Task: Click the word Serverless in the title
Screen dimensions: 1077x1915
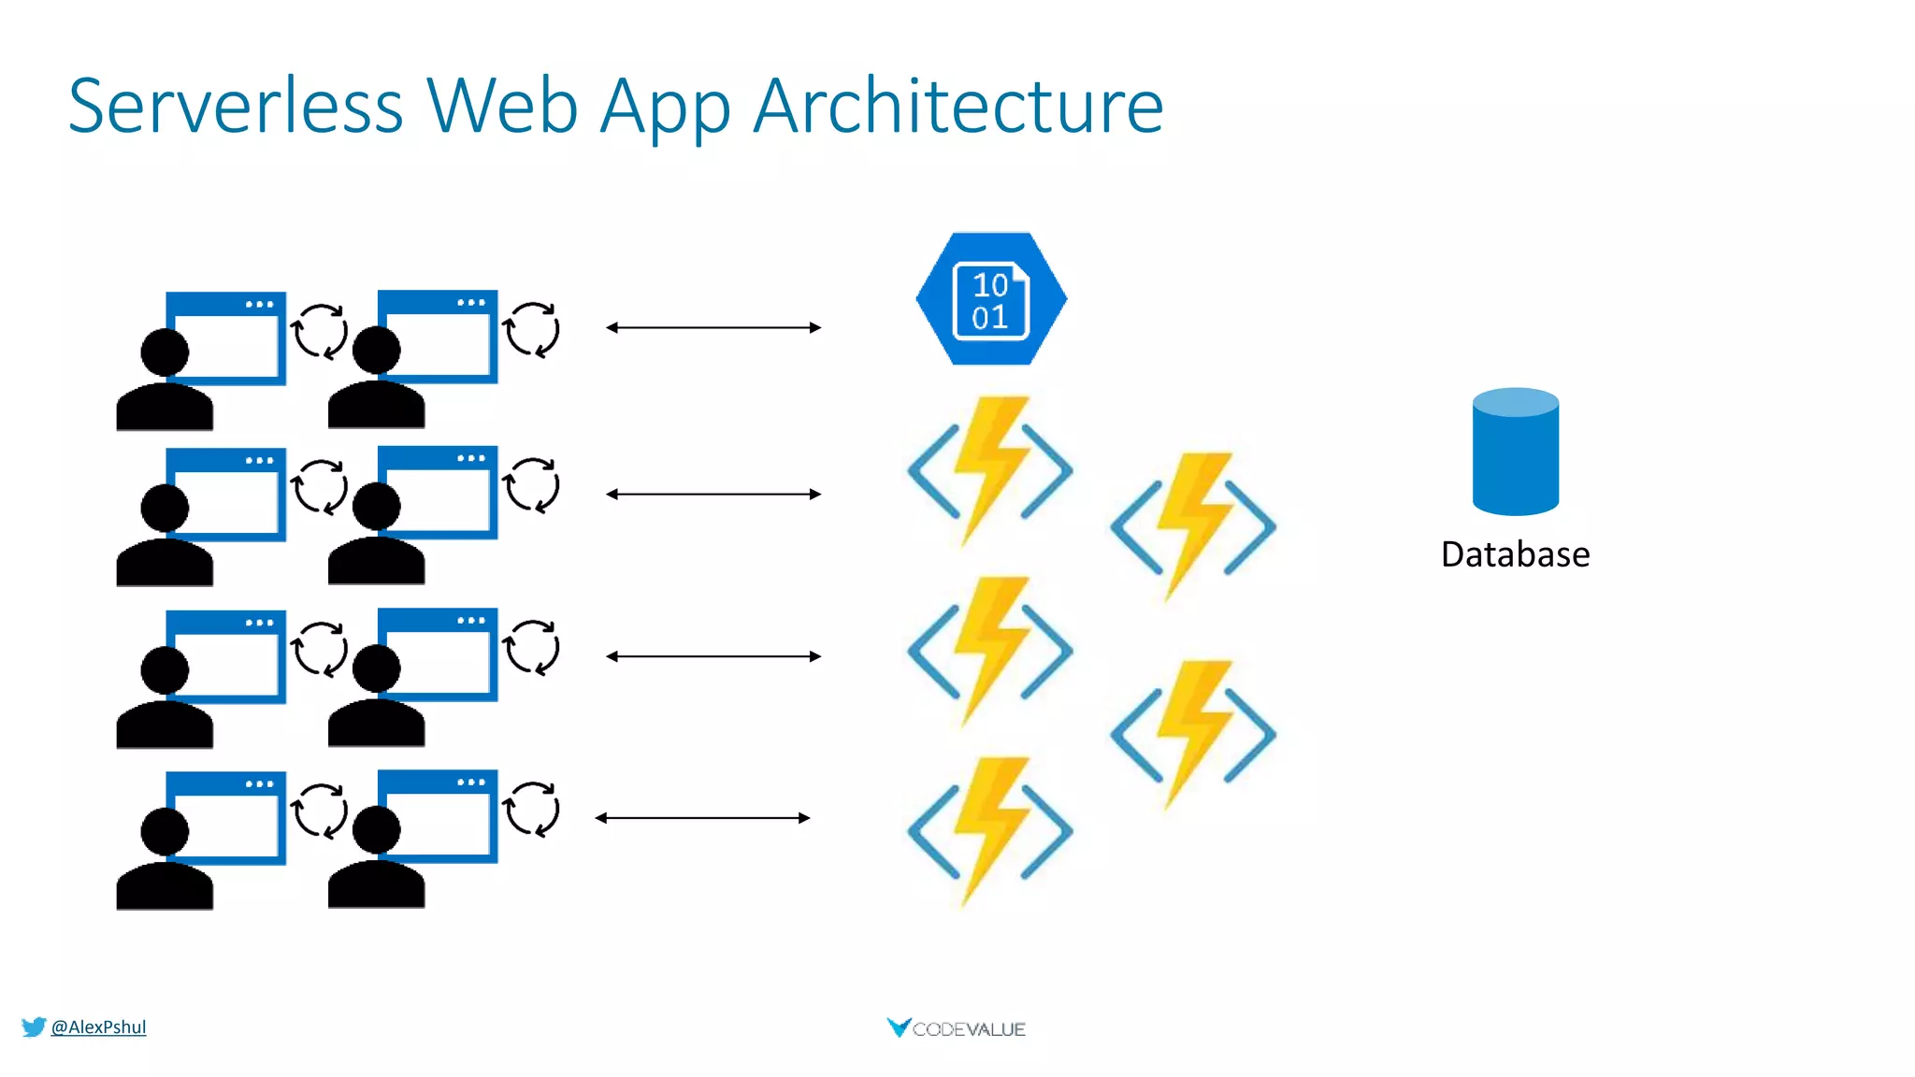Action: click(236, 106)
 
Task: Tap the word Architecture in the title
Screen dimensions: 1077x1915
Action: click(958, 106)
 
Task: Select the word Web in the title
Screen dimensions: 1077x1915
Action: click(502, 106)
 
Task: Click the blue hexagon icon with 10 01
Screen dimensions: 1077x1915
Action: click(991, 299)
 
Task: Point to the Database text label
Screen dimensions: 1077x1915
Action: click(1515, 554)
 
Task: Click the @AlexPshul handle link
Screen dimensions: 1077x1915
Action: click(98, 1027)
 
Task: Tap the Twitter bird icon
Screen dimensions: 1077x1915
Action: click(34, 1027)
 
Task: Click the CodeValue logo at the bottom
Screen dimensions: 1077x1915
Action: click(957, 1028)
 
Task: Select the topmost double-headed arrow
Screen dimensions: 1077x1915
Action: click(713, 327)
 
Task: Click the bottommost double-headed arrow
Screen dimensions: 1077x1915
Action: click(702, 818)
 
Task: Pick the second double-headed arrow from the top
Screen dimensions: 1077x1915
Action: click(713, 494)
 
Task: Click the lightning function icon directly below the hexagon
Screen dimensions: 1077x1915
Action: click(990, 469)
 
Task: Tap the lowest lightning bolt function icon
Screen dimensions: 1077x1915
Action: click(990, 830)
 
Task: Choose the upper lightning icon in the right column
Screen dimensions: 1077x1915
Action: click(1193, 525)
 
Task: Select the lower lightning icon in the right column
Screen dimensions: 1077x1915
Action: click(1193, 733)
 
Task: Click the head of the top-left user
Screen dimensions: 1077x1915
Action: click(165, 352)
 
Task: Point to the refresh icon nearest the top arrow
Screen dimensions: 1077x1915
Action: click(532, 330)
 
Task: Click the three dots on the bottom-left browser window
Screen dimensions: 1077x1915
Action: click(259, 784)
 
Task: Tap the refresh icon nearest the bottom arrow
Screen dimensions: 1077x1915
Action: click(532, 810)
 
